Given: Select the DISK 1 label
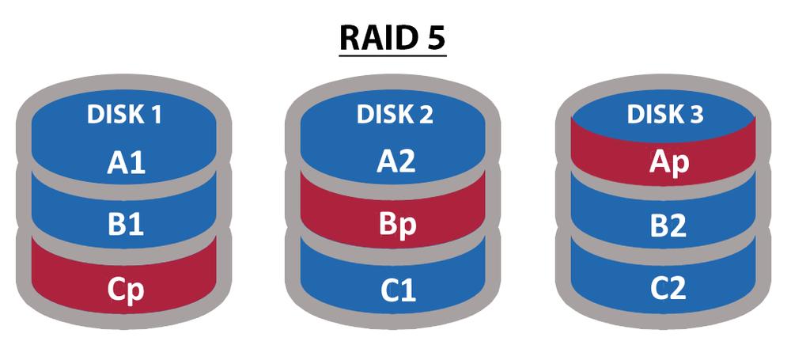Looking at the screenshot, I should tap(124, 116).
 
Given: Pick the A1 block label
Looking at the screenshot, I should tap(124, 165).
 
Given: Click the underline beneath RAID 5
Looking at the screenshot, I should tap(393, 56).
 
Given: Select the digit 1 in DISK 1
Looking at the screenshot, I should tap(156, 116).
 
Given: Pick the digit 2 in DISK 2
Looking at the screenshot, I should tap(427, 116).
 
